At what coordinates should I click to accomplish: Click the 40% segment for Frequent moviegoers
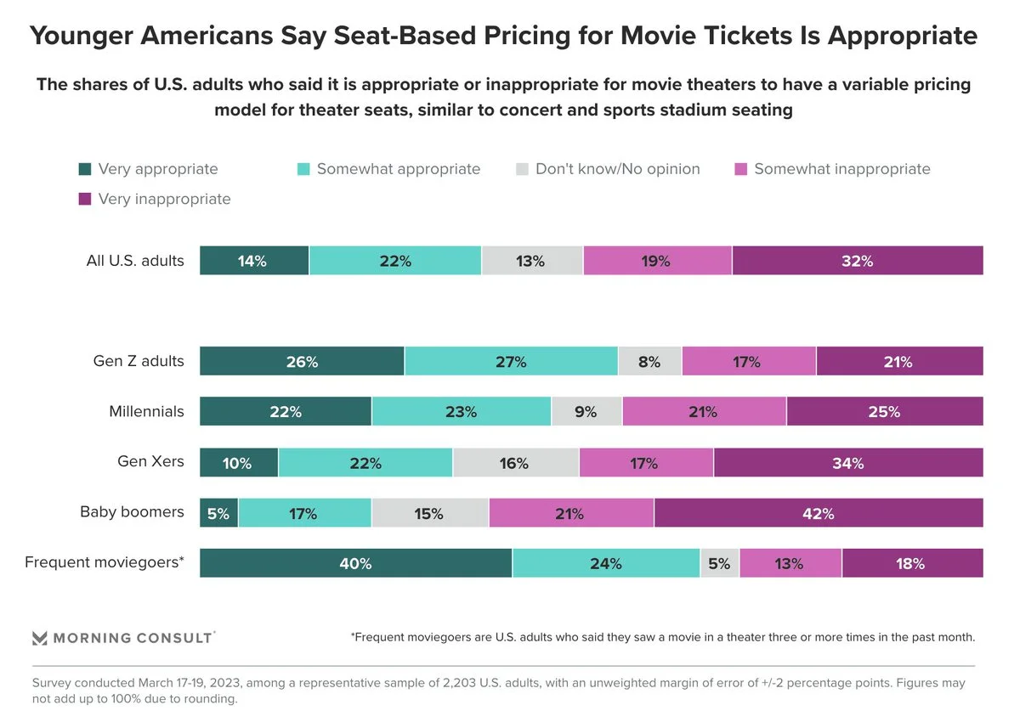[355, 563]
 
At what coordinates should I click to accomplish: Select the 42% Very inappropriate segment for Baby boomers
[819, 513]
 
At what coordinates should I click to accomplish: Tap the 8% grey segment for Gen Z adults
[649, 362]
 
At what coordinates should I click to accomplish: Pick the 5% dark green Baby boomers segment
[218, 513]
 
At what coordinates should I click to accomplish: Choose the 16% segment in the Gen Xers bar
[515, 463]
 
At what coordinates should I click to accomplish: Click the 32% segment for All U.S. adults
[857, 261]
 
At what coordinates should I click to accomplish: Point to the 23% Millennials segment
[461, 412]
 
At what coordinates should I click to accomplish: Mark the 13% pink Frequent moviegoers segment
[790, 563]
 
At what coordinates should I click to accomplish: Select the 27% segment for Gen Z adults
[510, 362]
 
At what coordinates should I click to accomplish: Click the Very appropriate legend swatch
[84, 169]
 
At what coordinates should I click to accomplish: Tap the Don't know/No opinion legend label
[617, 169]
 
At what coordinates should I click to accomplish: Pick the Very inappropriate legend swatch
[84, 200]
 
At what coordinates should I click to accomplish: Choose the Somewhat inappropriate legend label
[841, 169]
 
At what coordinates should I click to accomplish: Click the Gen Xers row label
[150, 462]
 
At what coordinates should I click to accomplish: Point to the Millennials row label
[146, 412]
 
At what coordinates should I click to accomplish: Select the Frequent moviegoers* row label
[105, 562]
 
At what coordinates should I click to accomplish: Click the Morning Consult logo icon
[40, 638]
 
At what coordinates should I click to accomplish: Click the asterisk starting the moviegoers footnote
[353, 636]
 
